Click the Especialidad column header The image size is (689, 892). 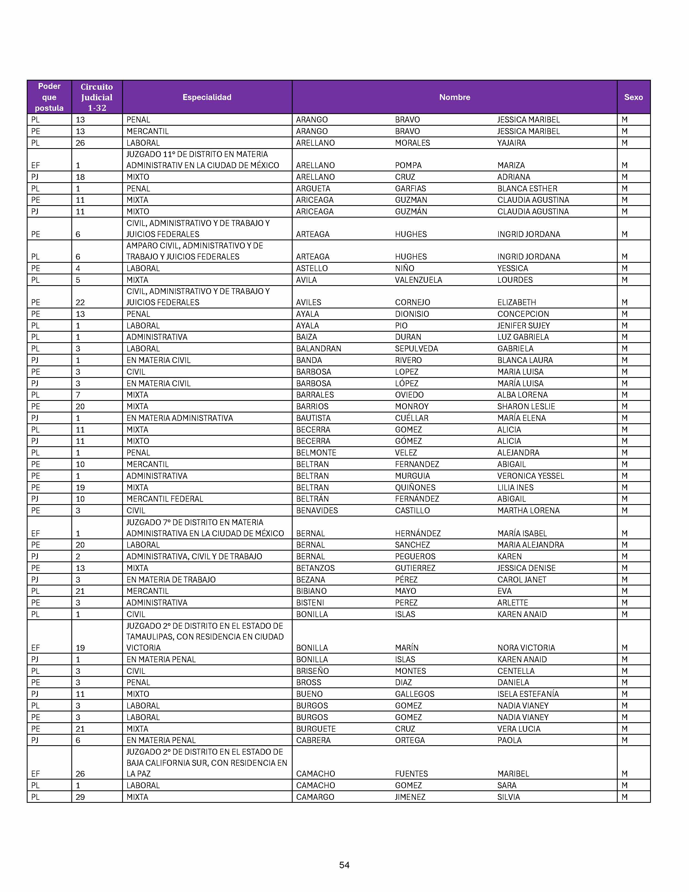point(207,97)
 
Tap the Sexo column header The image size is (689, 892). point(633,97)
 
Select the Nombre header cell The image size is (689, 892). point(454,97)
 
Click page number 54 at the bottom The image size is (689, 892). point(344,865)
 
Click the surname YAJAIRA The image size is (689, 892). point(511,143)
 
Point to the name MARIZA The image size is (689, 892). point(511,165)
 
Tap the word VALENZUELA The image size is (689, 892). point(418,280)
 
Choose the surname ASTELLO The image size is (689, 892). point(312,268)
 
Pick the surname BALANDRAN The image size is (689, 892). point(318,349)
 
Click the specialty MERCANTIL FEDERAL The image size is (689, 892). point(165,499)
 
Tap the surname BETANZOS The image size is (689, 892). point(315,568)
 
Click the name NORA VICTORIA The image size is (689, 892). point(526,648)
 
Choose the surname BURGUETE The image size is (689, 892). point(316,729)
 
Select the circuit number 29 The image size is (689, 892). point(80,797)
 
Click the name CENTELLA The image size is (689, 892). point(516,671)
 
